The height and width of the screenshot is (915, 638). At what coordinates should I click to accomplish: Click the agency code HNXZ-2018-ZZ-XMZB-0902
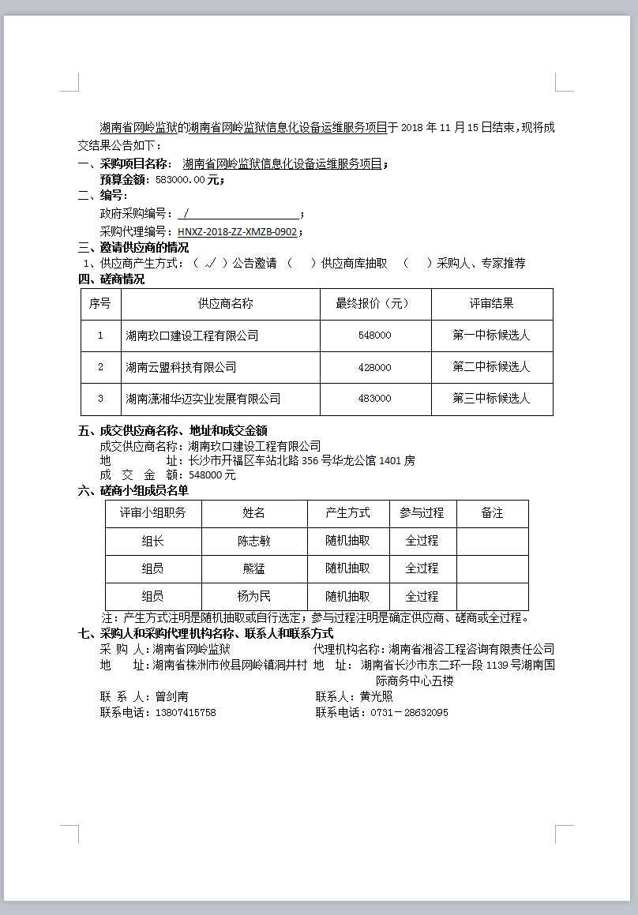click(x=237, y=232)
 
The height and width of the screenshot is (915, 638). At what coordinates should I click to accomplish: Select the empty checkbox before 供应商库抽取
click(x=301, y=264)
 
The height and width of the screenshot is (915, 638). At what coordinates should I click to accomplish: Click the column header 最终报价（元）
click(x=374, y=304)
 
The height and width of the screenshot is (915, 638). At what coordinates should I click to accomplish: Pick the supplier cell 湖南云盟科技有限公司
click(x=181, y=367)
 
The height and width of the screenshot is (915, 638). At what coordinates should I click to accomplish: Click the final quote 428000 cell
click(x=374, y=367)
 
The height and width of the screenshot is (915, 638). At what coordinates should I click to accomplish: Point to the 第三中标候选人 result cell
click(x=491, y=399)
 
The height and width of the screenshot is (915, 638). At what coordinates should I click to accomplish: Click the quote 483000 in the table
click(x=374, y=399)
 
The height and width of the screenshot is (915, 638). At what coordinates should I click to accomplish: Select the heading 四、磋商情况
click(x=111, y=279)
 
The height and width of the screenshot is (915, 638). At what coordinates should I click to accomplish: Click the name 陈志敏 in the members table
click(x=254, y=542)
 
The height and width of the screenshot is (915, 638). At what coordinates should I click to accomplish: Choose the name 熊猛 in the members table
click(x=254, y=568)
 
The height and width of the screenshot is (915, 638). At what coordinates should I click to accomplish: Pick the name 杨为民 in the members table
click(x=254, y=597)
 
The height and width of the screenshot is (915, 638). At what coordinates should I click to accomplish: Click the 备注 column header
click(x=492, y=513)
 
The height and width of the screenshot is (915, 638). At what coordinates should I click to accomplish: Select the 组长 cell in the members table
click(x=153, y=542)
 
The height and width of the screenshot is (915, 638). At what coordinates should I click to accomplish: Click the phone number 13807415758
click(x=185, y=712)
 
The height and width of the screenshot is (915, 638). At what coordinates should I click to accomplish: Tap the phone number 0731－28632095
click(x=403, y=712)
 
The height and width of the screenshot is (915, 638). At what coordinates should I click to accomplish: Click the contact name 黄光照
click(x=376, y=697)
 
